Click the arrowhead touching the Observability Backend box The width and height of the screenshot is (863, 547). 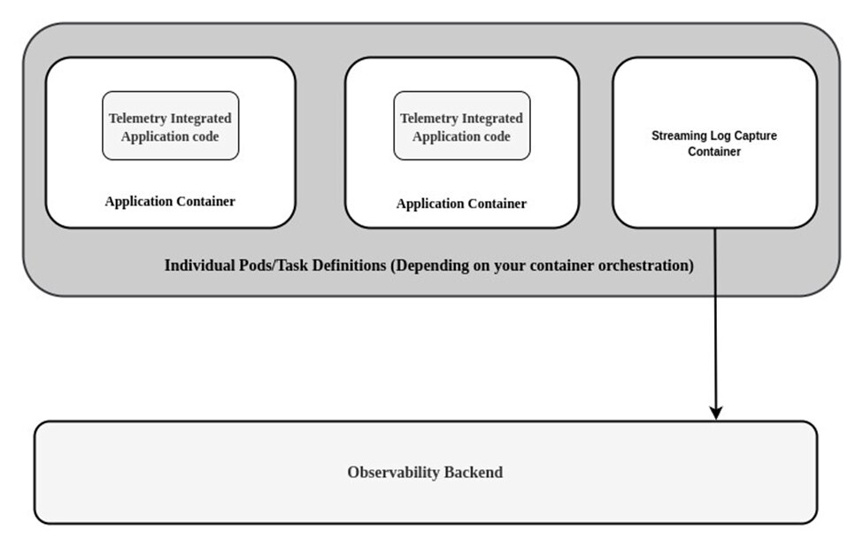click(x=716, y=412)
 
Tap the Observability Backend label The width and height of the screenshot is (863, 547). click(x=425, y=473)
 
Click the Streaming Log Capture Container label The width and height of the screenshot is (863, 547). click(x=713, y=143)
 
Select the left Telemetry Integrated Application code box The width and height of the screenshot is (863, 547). click(x=170, y=126)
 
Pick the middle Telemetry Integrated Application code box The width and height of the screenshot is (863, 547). click(x=461, y=126)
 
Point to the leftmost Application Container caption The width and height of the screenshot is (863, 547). click(x=170, y=201)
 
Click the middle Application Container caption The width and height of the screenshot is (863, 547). click(x=461, y=204)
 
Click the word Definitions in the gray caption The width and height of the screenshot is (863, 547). click(x=347, y=266)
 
